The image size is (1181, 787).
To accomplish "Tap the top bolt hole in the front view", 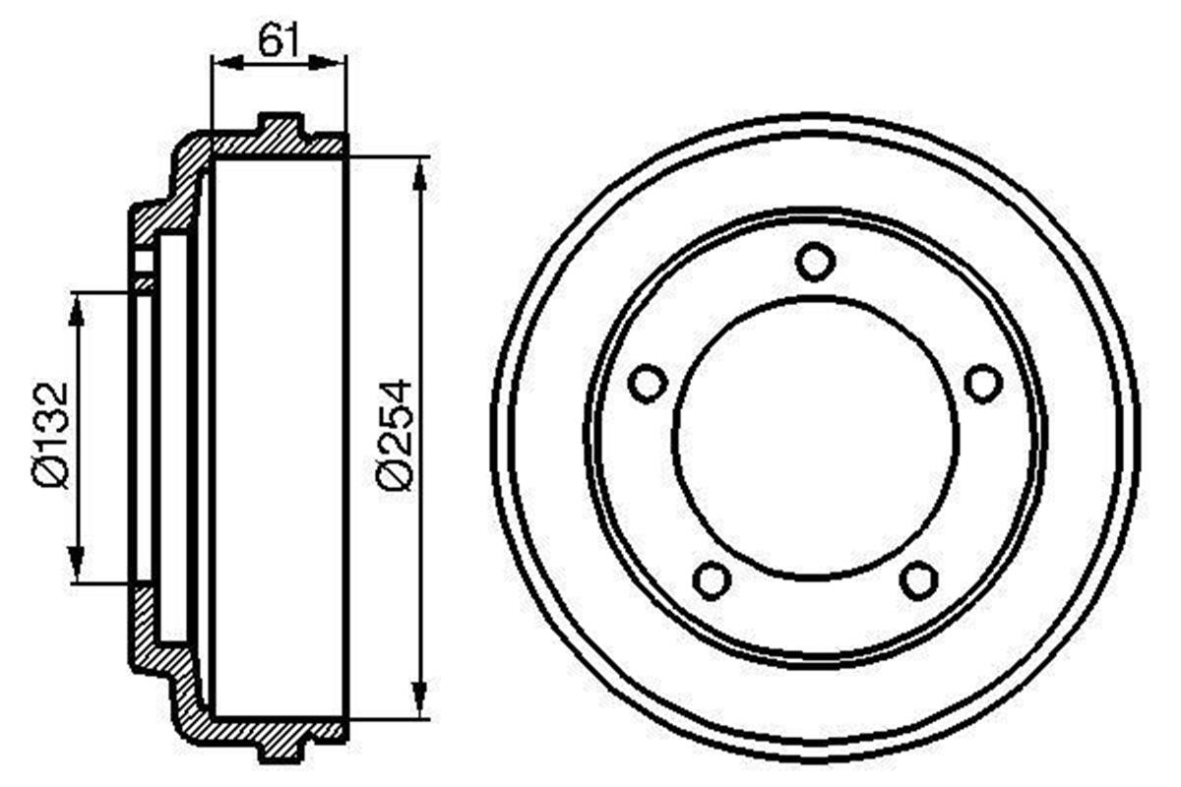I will point(815,262).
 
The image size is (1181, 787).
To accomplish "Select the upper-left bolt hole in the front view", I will point(648,383).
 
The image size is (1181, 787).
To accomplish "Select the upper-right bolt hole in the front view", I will point(982,383).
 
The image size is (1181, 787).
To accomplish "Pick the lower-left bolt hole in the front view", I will point(711,578).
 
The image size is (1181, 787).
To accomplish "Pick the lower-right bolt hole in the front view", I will point(918,578).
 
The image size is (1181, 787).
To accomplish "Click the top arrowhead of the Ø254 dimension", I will point(421,170).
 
